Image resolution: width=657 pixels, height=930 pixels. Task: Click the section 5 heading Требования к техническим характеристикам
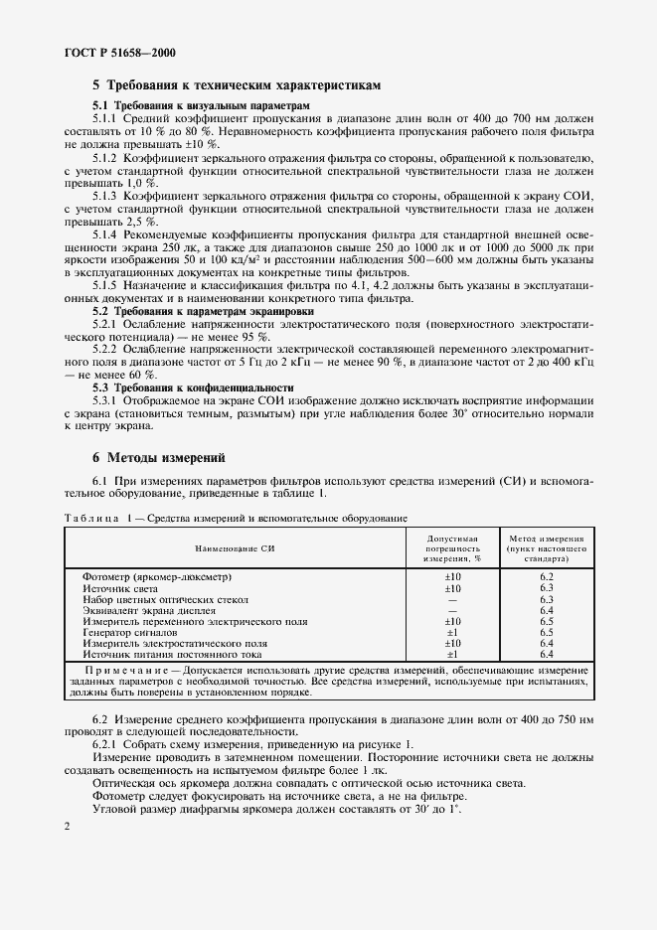(239, 85)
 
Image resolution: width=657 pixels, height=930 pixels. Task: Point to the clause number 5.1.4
(106, 233)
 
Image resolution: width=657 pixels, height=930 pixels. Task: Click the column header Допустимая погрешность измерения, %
(451, 547)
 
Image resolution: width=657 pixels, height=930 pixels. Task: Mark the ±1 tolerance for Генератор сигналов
(451, 632)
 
